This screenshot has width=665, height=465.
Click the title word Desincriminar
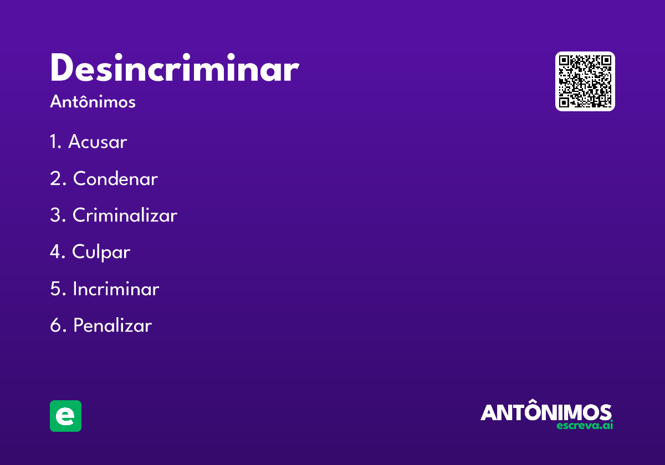point(174,69)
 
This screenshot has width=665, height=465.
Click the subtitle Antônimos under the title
point(93,102)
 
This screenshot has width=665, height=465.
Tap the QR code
point(585,81)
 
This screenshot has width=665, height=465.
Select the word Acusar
point(98,142)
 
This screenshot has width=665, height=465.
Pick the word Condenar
point(115,179)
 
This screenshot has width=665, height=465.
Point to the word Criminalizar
point(125,215)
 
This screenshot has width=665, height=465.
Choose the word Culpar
point(101,252)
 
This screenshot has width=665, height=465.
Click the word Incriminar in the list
point(116,289)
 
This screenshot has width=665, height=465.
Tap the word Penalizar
point(112,325)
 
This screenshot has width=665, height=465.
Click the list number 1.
point(54,142)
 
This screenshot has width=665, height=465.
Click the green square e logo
point(65,416)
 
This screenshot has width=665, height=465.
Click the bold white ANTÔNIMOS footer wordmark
point(546,412)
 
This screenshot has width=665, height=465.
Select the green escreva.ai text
point(585,426)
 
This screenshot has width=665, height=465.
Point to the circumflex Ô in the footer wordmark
point(531,410)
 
